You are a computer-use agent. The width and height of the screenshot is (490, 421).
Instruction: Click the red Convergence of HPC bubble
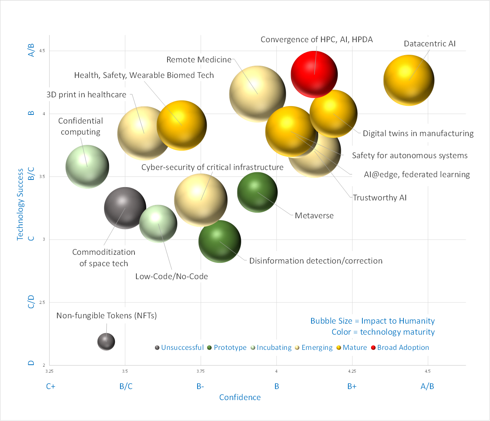[x=314, y=74]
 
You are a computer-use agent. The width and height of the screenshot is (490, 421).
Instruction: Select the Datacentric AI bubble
[x=409, y=80]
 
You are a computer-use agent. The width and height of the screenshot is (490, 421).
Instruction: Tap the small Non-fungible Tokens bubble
[x=106, y=342]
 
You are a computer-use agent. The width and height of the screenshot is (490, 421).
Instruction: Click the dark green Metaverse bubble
[x=257, y=192]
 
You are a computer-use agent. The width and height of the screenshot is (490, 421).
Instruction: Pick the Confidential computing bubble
[x=87, y=167]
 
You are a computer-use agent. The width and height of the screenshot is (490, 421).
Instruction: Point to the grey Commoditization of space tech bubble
[x=125, y=208]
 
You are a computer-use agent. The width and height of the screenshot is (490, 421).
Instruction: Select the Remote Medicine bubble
[x=258, y=94]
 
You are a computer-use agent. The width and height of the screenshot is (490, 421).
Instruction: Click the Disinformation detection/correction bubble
[x=220, y=241]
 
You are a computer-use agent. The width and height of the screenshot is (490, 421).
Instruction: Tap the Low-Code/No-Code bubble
[x=158, y=224]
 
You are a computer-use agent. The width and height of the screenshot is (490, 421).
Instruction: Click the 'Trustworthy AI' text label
[x=379, y=198]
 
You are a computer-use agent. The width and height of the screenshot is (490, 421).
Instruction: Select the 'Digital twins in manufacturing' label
[x=418, y=133]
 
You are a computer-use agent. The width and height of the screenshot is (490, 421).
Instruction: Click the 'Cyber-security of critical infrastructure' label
[x=212, y=167]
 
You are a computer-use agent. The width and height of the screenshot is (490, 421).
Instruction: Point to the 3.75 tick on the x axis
[x=201, y=371]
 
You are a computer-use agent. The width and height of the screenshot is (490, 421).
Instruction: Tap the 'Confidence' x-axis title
[x=240, y=397]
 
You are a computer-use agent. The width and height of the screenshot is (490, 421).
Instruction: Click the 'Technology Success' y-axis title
[x=20, y=204]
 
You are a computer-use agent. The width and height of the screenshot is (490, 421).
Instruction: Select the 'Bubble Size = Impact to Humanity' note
[x=372, y=321]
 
